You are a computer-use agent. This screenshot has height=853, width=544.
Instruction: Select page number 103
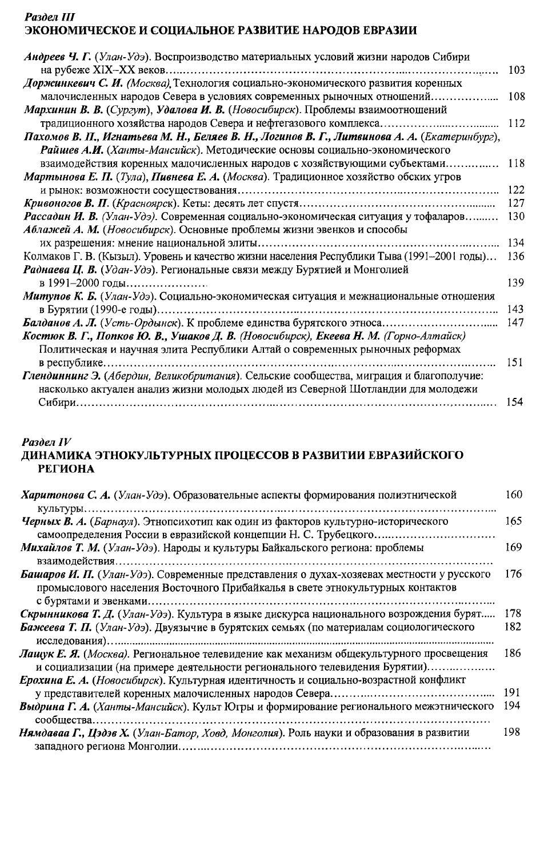[x=516, y=70]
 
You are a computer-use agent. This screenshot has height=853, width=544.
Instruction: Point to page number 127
[x=516, y=204]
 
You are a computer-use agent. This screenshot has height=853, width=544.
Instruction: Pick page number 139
[x=516, y=282]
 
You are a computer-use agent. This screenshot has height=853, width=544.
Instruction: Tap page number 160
[x=514, y=495]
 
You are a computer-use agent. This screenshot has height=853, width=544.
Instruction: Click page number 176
[x=514, y=574]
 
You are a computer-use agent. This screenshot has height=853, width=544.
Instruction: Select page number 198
[x=512, y=732]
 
